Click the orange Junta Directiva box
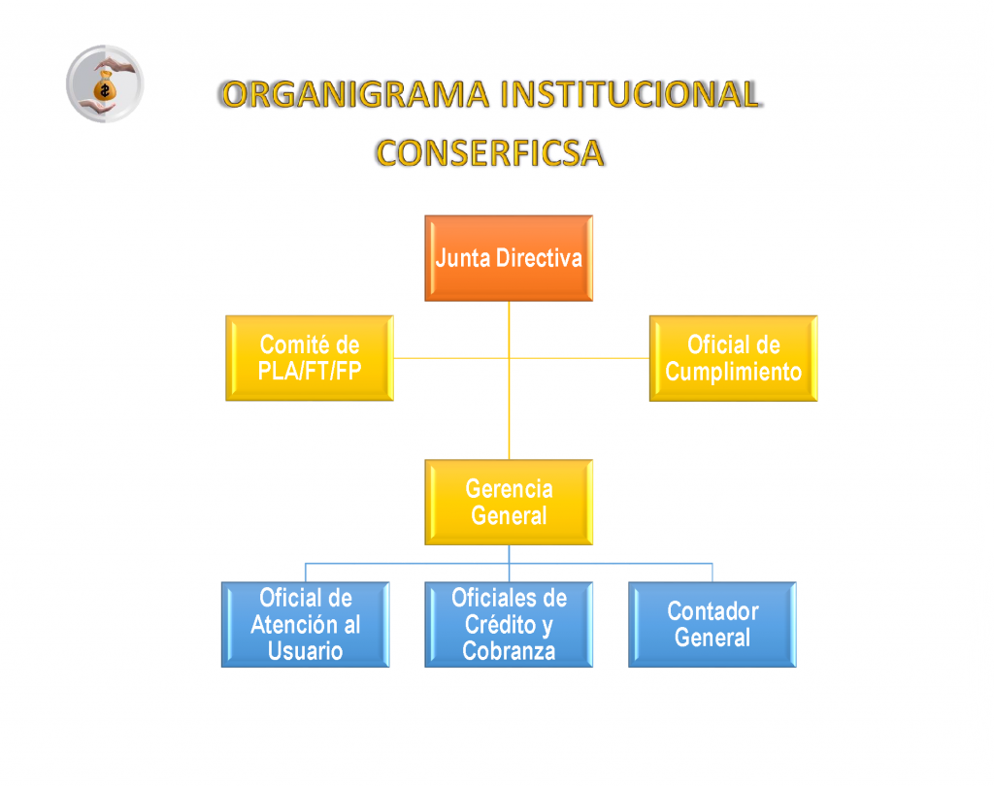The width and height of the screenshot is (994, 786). [509, 258]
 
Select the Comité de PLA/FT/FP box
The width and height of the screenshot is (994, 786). [310, 358]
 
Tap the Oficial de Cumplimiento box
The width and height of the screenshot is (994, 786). [734, 358]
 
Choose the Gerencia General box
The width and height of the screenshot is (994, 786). [509, 502]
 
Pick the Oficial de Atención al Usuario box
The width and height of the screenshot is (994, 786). [306, 624]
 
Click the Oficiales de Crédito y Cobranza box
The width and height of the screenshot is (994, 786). [509, 624]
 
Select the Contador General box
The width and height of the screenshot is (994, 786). [712, 624]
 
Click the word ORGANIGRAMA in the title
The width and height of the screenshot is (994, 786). [356, 94]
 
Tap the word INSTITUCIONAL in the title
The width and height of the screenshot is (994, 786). [630, 94]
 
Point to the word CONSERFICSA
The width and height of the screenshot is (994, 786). [489, 153]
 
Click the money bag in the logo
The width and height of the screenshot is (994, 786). [105, 86]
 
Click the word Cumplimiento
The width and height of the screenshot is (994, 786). [734, 372]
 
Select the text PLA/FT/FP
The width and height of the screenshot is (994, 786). [310, 371]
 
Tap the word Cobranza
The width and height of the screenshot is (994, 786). [509, 651]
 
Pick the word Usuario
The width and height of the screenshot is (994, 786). [305, 651]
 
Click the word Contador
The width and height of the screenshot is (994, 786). [712, 611]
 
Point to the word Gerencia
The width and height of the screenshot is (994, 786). [509, 489]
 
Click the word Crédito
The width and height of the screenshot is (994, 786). [500, 624]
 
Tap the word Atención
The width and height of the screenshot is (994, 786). [290, 624]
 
